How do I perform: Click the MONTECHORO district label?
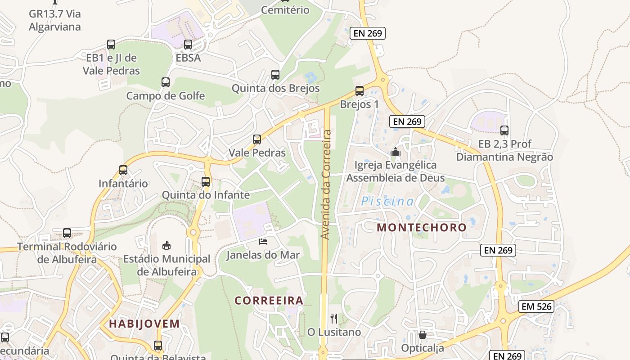coord(422,227)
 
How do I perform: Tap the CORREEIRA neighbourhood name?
coord(269,300)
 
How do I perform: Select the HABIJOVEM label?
coord(144,324)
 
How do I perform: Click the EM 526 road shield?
coord(536,306)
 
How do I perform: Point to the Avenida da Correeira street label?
coord(326,184)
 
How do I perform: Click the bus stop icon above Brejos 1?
coord(359,91)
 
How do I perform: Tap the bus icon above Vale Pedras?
coord(257,139)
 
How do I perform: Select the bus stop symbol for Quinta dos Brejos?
coord(275,75)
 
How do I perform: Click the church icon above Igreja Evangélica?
coord(396,152)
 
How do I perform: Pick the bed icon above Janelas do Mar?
coord(263,242)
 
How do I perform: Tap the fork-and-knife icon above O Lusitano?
coord(334,319)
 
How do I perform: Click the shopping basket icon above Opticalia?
coord(422,335)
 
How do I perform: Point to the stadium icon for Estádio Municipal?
coord(166,245)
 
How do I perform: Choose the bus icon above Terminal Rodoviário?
coord(67,233)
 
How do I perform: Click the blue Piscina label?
coord(387,202)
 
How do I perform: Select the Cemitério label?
coord(285,10)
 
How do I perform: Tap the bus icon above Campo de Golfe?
coord(166,82)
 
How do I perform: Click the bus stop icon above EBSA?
coord(188,45)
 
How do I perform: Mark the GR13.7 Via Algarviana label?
coord(55,20)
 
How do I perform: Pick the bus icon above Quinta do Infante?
coord(206,182)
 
